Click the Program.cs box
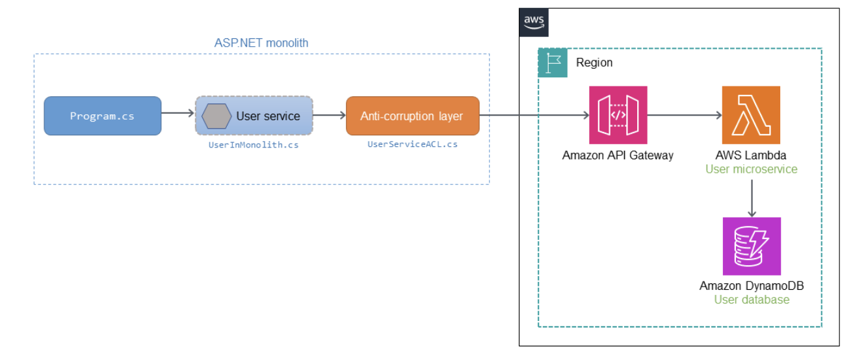click(x=103, y=116)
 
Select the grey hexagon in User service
click(x=216, y=116)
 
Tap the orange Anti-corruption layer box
click(x=412, y=116)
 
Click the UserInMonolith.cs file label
click(x=254, y=145)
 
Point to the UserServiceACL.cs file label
click(x=412, y=144)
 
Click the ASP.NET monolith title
click(x=261, y=43)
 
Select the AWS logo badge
click(x=534, y=22)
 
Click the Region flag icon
click(x=553, y=62)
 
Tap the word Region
click(x=594, y=62)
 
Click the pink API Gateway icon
click(x=618, y=115)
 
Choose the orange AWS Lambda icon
click(x=751, y=115)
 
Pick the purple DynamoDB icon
click(x=752, y=246)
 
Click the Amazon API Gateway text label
click(x=618, y=155)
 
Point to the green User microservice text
click(x=752, y=169)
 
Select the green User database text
click(x=752, y=300)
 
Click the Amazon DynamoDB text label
click(x=752, y=286)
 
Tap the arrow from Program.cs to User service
click(x=178, y=113)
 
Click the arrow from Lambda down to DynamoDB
click(x=752, y=199)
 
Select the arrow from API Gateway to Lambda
click(x=685, y=115)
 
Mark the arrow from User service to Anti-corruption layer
click(x=330, y=115)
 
